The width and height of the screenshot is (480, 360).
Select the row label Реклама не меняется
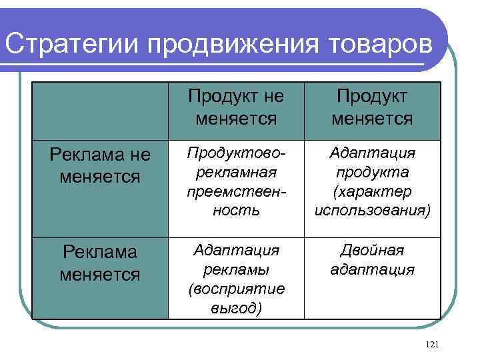tap(99, 166)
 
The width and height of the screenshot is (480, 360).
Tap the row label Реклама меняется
tap(99, 263)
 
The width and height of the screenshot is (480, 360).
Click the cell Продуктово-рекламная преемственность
tap(236, 182)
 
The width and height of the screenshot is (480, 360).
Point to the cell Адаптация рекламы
tap(236, 279)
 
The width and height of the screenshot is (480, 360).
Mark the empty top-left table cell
tap(99, 110)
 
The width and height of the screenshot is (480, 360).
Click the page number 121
tap(431, 344)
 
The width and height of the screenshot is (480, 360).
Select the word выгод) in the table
tap(236, 309)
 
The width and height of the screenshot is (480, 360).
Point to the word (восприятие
tap(236, 289)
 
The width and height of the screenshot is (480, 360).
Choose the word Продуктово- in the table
tap(236, 153)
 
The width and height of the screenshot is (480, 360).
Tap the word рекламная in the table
tap(236, 172)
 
